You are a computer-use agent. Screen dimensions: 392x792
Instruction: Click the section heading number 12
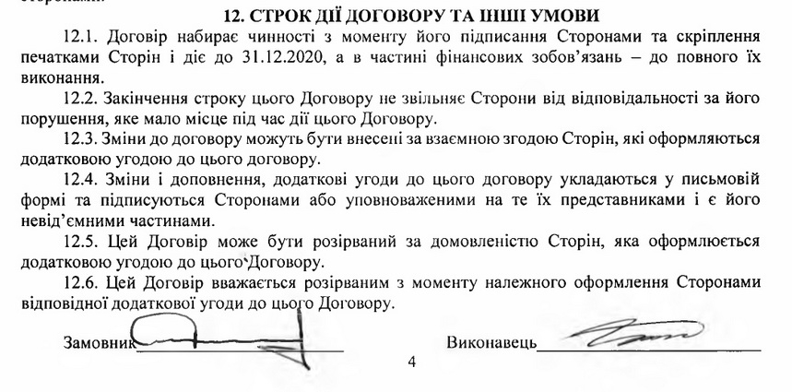point(233,17)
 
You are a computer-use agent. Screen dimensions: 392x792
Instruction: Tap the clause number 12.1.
point(82,38)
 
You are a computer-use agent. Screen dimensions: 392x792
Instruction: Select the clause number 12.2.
point(82,100)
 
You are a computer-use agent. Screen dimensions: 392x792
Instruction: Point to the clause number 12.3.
point(82,139)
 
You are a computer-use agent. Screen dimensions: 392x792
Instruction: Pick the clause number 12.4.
point(82,180)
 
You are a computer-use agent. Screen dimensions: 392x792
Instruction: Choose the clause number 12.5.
point(82,242)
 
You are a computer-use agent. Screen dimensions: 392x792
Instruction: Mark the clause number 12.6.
point(82,281)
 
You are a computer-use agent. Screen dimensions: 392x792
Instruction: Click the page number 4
point(411,362)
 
